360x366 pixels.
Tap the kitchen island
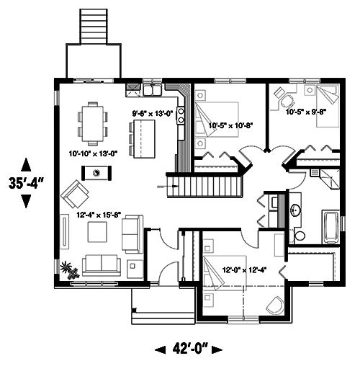tap(143, 138)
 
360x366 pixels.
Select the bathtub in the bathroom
tap(332, 227)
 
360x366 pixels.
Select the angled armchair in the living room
tap(75, 193)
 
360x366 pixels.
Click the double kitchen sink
tap(153, 90)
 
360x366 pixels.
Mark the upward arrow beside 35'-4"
tap(27, 163)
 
